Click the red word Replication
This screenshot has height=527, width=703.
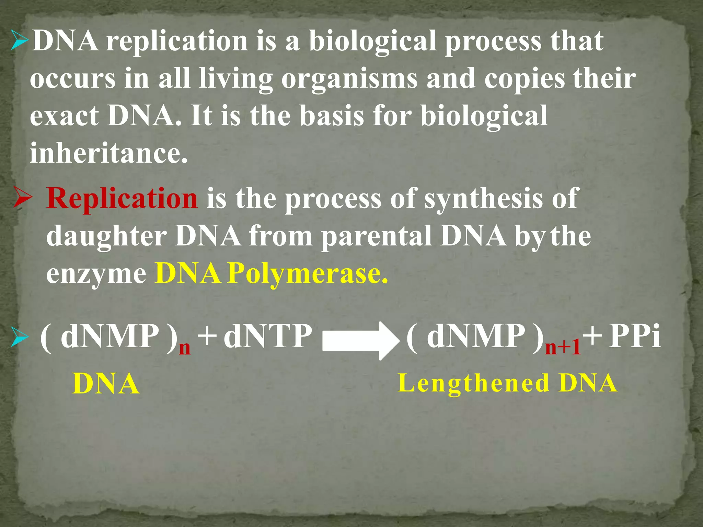(122, 199)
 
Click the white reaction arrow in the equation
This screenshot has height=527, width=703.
(361, 341)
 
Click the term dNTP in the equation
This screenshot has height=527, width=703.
(268, 337)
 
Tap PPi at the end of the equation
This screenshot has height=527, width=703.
(634, 337)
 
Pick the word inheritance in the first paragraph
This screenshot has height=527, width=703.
(108, 153)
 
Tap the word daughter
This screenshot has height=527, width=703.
(106, 237)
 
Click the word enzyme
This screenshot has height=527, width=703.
(96, 274)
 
